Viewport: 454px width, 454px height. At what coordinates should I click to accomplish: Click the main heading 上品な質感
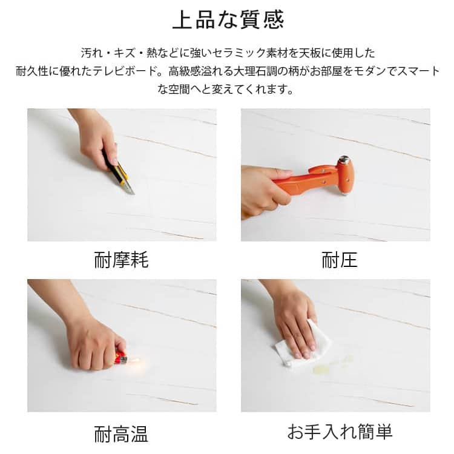[x=228, y=20]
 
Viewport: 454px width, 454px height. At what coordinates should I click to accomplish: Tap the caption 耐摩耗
[x=121, y=260]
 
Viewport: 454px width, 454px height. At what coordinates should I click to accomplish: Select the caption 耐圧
[x=340, y=260]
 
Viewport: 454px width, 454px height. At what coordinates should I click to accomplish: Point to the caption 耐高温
[x=121, y=433]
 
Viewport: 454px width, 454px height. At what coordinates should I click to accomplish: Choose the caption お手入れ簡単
[x=340, y=431]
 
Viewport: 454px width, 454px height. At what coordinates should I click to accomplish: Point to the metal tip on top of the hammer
[x=344, y=159]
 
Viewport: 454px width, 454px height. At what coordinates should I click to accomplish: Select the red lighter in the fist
[x=121, y=358]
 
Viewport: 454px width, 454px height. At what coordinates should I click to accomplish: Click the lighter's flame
[x=136, y=361]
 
